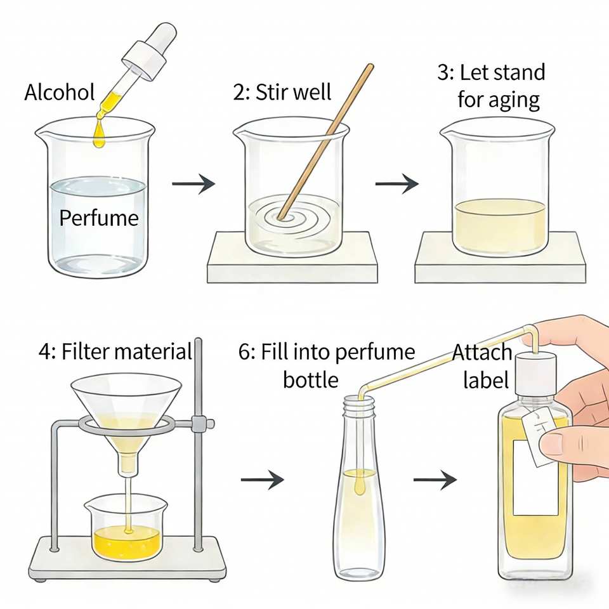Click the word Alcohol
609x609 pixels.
(59, 93)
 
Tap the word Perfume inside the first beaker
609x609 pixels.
(98, 218)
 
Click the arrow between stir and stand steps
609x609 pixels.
(396, 185)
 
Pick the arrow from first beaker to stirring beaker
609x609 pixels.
(193, 185)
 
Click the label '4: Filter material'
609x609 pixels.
(114, 351)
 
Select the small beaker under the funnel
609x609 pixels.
(126, 530)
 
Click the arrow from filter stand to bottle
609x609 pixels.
(262, 480)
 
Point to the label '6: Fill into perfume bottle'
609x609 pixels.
(326, 365)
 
